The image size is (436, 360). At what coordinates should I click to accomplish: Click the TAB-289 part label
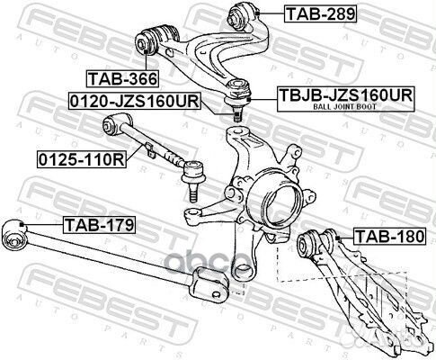coord(319,13)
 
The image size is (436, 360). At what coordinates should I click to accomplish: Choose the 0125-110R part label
coord(72,161)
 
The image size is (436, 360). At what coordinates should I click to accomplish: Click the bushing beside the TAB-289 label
coord(245,14)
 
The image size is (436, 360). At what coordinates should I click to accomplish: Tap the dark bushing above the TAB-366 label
coord(147,40)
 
